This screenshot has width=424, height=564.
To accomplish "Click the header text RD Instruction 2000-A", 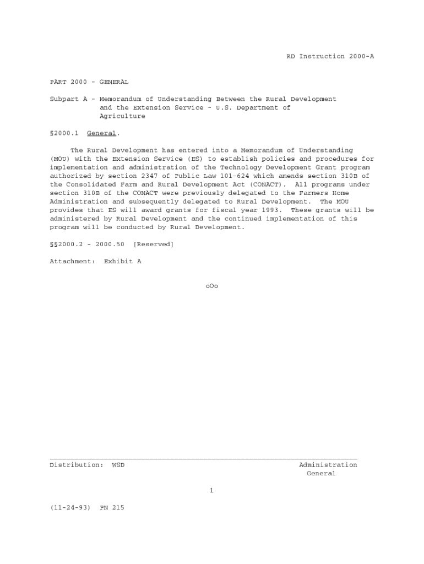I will [x=330, y=57].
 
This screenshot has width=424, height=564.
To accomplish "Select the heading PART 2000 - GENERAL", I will [x=89, y=82].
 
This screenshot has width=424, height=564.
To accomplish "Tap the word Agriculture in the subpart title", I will [x=122, y=116].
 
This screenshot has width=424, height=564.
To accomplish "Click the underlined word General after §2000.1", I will [x=101, y=133].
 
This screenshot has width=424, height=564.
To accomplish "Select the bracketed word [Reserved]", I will [x=153, y=245].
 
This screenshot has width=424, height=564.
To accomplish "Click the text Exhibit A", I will [x=122, y=262].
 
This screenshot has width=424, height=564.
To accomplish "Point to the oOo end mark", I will [x=211, y=286].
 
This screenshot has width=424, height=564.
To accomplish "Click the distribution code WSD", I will [x=118, y=465].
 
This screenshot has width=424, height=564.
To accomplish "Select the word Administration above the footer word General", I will [x=328, y=465].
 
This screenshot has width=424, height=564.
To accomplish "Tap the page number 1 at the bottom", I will [x=211, y=491].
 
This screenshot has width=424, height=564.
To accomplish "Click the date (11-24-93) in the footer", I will [x=70, y=508].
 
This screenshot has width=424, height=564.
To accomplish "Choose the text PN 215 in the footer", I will [x=112, y=508].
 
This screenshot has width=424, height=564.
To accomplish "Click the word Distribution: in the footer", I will [x=77, y=465].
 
